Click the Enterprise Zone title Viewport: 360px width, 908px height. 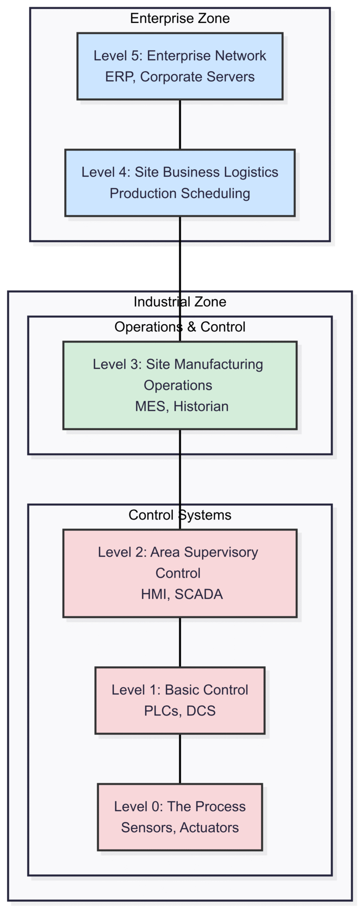[x=180, y=19]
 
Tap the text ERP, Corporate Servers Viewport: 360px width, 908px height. [x=180, y=77]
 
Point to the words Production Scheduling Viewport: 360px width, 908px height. [x=180, y=193]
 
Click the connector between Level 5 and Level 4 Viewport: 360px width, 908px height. [x=180, y=125]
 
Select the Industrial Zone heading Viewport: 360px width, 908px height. [x=180, y=302]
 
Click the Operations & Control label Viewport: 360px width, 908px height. [x=180, y=327]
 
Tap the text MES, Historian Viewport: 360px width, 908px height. [x=182, y=407]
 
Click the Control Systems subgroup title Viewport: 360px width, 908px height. [x=180, y=515]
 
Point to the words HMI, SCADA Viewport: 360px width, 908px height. [x=182, y=595]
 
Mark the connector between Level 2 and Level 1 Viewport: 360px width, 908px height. [x=180, y=642]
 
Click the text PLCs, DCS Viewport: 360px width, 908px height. [x=180, y=711]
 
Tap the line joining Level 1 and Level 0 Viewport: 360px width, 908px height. [x=180, y=759]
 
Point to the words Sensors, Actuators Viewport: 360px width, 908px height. [x=180, y=828]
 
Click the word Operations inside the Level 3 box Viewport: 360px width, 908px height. [x=178, y=385]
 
